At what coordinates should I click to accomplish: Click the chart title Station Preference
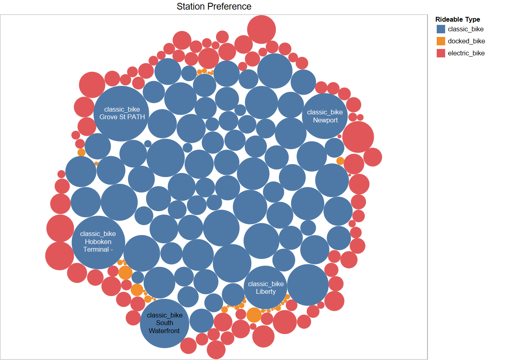[x=214, y=7]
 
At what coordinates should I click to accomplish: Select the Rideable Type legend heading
[x=458, y=19]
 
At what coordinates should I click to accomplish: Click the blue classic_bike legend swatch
[x=441, y=29]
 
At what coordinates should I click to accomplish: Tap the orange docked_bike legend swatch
[x=441, y=41]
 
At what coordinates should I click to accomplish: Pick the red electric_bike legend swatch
[x=441, y=53]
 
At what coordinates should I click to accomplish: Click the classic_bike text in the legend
[x=466, y=29]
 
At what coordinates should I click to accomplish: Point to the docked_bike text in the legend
[x=466, y=41]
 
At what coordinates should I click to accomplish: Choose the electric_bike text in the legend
[x=466, y=53]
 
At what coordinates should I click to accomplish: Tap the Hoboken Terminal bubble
[x=98, y=257]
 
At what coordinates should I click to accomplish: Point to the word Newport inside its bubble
[x=325, y=120]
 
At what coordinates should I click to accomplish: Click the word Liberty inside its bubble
[x=266, y=291]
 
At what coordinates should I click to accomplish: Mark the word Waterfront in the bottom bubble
[x=164, y=331]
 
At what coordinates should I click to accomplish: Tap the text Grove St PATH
[x=122, y=117]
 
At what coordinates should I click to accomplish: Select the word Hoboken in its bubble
[x=98, y=242]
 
